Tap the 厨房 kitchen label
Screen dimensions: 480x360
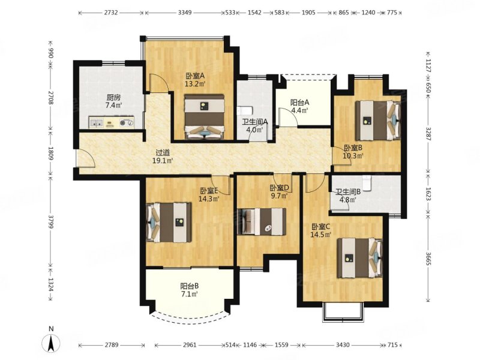[113, 98]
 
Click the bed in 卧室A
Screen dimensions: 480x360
[205, 116]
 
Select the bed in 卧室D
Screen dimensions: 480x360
[262, 221]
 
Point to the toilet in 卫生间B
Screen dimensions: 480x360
[366, 183]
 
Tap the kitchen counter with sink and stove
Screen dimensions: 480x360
[112, 122]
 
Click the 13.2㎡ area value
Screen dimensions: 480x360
[195, 83]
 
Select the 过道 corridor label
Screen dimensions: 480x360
[163, 152]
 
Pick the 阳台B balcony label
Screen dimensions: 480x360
[190, 286]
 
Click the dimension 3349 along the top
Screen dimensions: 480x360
[185, 13]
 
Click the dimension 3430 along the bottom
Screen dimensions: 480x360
[343, 345]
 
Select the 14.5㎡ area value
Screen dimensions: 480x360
[321, 235]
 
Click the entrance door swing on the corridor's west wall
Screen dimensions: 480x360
[85, 158]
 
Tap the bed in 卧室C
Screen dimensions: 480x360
[360, 258]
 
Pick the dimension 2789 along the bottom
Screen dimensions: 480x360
[112, 345]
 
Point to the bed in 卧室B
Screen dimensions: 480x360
[378, 121]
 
